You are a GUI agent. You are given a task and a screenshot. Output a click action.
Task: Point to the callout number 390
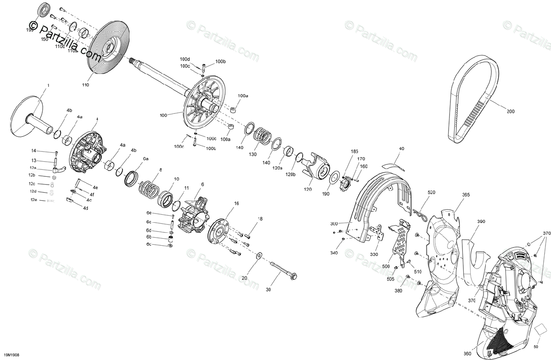point(481,222)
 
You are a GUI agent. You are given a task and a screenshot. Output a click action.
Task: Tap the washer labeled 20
point(259,255)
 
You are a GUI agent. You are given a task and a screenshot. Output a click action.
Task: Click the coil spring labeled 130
point(263,135)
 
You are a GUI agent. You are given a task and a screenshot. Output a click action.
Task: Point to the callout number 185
point(354,151)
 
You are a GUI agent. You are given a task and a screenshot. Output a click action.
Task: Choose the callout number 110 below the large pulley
point(86,85)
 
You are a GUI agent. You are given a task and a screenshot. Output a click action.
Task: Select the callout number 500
point(385,266)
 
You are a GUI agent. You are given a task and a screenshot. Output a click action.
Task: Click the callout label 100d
point(185,59)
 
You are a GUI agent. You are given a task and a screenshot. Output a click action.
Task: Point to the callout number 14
point(34,151)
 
